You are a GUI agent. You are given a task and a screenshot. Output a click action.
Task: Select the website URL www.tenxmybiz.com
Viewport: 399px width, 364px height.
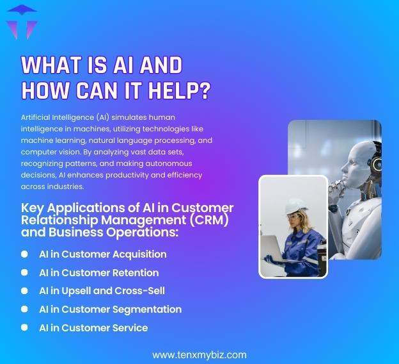pos(199,354)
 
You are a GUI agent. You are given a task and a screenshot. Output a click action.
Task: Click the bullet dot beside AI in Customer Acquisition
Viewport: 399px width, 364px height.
pos(24,254)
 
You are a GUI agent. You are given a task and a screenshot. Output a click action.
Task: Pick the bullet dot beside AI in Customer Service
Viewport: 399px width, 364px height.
pos(24,327)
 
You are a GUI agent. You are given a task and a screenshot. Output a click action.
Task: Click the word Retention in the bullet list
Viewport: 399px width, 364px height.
pos(136,272)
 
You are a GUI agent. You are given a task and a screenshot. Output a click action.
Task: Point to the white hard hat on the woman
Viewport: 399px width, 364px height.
pos(295,206)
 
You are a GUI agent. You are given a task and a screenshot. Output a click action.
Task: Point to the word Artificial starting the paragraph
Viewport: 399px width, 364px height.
pos(38,117)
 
